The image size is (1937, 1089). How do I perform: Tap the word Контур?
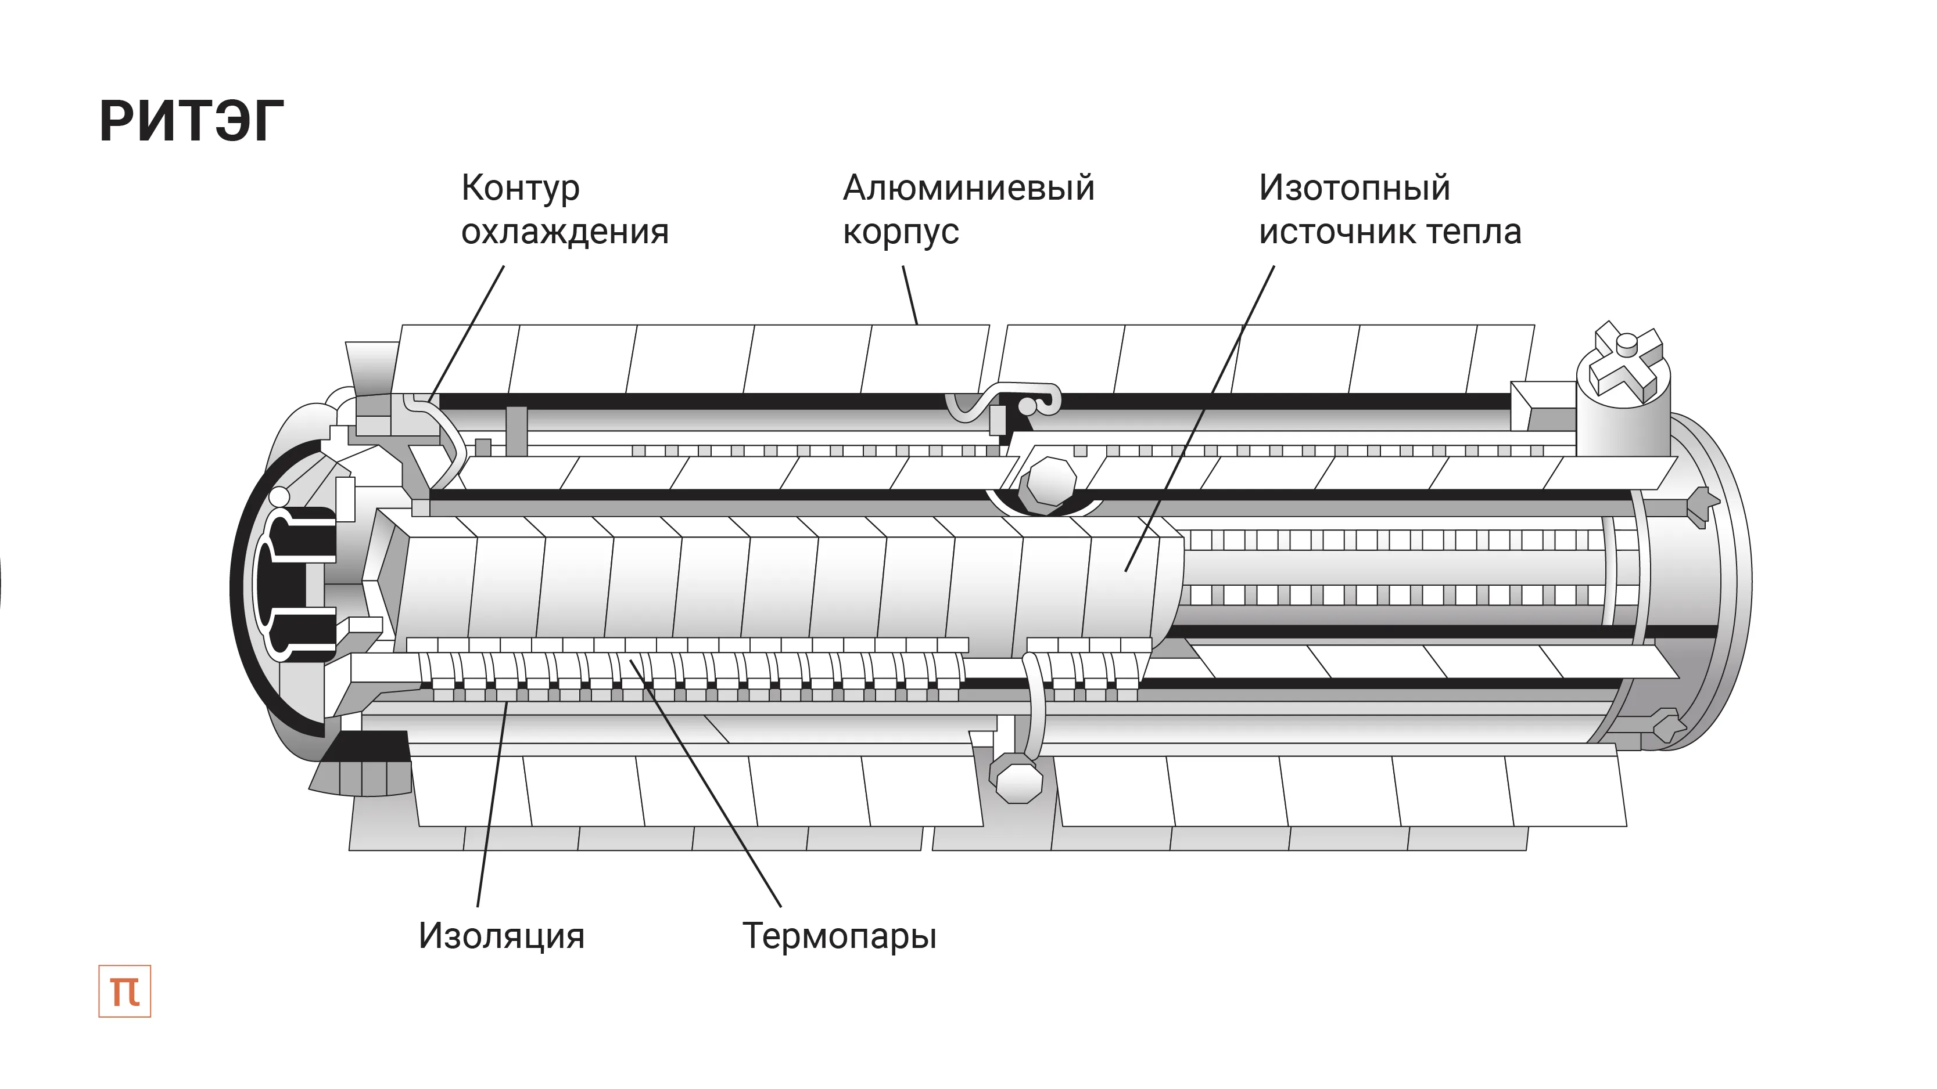521,188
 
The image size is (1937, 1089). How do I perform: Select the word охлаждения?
565,232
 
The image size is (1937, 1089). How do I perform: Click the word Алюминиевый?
969,188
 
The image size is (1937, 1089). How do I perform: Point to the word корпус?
901,233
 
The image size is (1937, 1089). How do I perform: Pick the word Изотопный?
1354,188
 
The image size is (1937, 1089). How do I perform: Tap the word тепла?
1474,232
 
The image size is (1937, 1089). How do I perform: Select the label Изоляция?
501,936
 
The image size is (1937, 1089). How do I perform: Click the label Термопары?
839,936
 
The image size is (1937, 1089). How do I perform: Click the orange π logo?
125,991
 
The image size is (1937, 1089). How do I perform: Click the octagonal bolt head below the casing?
1017,781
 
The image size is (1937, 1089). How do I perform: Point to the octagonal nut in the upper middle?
1050,481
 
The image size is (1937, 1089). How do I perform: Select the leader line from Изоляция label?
490,812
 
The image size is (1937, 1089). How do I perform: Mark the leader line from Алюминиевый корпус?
910,295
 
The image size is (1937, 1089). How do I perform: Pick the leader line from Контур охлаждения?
466,331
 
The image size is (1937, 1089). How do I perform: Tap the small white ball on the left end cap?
279,497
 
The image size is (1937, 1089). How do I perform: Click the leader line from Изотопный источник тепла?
1203,413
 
